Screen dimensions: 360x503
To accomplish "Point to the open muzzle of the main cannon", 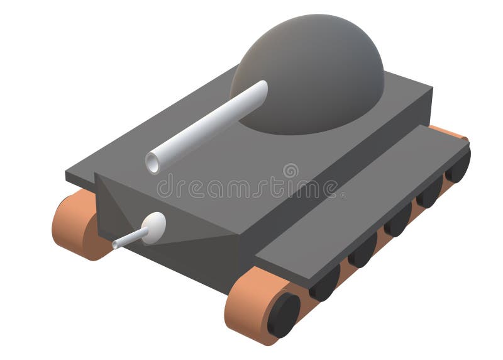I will [153, 162].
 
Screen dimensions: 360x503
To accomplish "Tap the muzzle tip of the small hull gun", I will [115, 244].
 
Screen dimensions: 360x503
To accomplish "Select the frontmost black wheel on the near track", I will [284, 315].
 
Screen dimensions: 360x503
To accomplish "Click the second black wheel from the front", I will [324, 284].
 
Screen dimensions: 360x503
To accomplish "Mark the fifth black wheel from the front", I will [429, 191].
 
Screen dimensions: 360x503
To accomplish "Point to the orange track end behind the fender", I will [449, 133].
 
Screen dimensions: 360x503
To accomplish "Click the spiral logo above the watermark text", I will [290, 171].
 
